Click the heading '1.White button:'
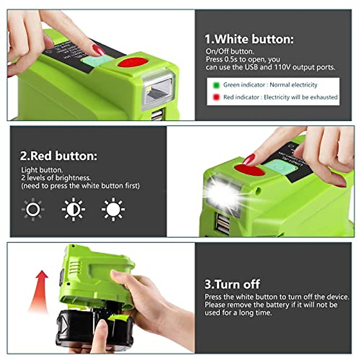(249, 39)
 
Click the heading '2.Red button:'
(58, 156)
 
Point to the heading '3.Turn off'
(232, 284)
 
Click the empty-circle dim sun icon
(33, 209)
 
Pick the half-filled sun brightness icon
(73, 209)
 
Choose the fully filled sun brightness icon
(113, 209)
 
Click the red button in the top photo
(133, 62)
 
